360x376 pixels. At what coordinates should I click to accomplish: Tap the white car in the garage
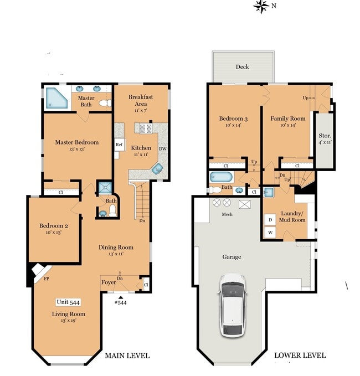click(x=232, y=305)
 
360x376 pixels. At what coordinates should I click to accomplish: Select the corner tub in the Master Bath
click(x=55, y=99)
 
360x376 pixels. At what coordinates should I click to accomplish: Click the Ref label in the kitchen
click(x=119, y=145)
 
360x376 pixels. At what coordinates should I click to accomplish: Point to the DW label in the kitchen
click(x=163, y=149)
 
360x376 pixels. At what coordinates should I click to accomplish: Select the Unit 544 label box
click(x=69, y=302)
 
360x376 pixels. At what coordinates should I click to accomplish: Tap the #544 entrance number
click(x=121, y=302)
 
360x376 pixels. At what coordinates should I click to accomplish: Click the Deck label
click(x=242, y=67)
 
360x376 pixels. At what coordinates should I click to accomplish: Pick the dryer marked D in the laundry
click(x=270, y=220)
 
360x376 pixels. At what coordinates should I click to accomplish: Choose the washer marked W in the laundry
click(x=270, y=233)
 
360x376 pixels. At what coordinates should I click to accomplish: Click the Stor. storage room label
click(x=325, y=138)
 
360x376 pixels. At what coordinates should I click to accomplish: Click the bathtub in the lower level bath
click(x=223, y=178)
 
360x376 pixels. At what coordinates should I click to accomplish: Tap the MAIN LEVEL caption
click(x=127, y=356)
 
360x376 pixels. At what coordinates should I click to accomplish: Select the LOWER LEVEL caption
click(x=300, y=356)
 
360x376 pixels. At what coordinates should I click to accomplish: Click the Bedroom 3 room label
click(x=233, y=119)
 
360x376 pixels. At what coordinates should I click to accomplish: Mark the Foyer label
click(x=109, y=282)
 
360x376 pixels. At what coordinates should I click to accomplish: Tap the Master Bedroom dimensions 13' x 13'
click(x=76, y=150)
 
